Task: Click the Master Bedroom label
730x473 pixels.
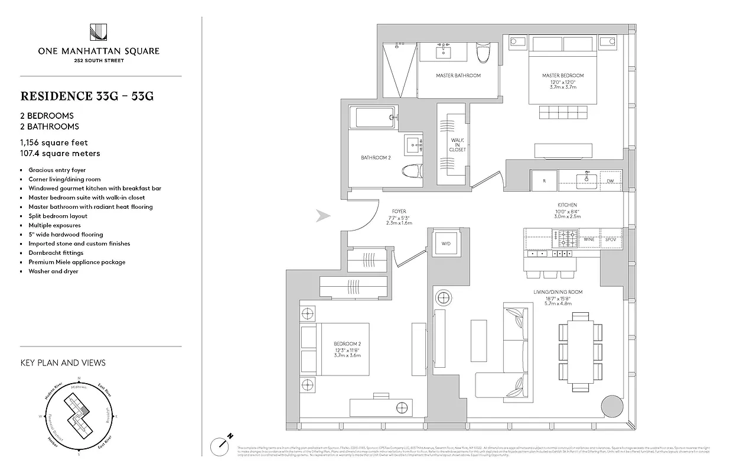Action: pyautogui.click(x=563, y=76)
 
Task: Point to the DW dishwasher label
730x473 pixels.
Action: pyautogui.click(x=610, y=181)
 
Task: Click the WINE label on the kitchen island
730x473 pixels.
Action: pyautogui.click(x=589, y=239)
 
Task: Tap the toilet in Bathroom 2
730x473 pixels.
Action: pyautogui.click(x=411, y=171)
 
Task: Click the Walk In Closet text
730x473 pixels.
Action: pyautogui.click(x=457, y=145)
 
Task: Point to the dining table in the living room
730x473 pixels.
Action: pyautogui.click(x=580, y=352)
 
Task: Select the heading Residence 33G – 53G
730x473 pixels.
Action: pyautogui.click(x=87, y=96)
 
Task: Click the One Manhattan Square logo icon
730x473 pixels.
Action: pyautogui.click(x=98, y=33)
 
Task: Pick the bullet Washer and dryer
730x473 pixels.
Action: pyautogui.click(x=53, y=271)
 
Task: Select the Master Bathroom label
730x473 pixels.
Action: pyautogui.click(x=458, y=76)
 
